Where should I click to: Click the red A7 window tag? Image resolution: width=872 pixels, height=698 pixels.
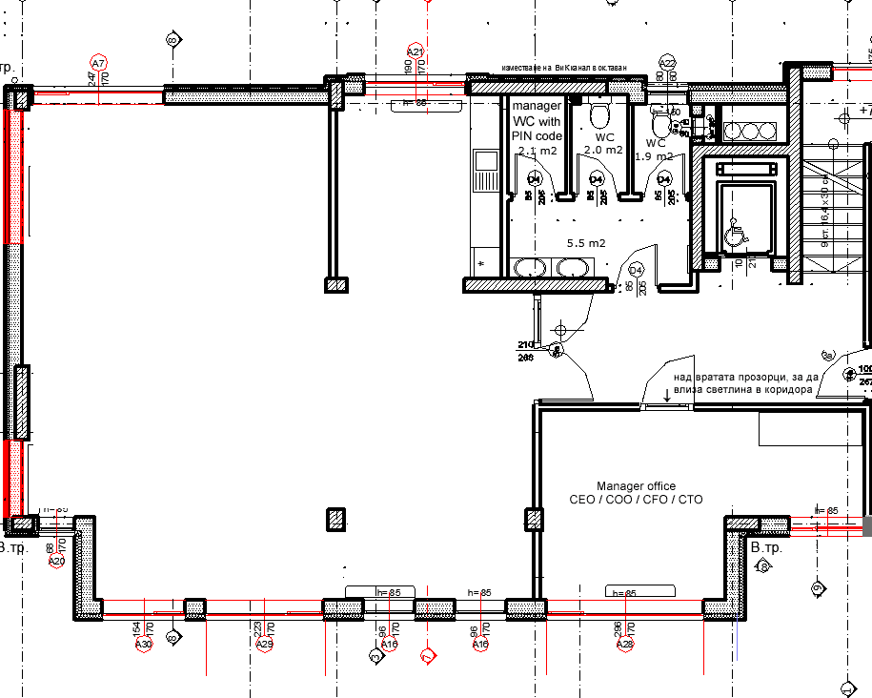[99, 63]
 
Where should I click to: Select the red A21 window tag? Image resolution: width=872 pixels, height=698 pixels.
[415, 51]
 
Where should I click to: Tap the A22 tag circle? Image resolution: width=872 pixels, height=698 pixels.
[667, 62]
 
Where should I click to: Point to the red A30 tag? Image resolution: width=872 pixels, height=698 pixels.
[144, 645]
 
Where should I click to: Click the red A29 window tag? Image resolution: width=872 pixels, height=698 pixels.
[265, 645]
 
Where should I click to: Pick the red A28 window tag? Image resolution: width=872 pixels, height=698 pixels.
[625, 645]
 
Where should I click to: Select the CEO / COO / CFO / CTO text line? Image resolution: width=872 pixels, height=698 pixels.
[636, 499]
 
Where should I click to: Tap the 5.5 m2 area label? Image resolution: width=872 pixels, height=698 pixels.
[586, 243]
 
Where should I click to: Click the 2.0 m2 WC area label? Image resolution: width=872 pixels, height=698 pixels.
[602, 150]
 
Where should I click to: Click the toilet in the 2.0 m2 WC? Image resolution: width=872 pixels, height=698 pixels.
[599, 116]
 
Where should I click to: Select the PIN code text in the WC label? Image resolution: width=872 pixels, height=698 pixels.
[537, 135]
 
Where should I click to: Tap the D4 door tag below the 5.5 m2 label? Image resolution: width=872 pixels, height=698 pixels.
[636, 270]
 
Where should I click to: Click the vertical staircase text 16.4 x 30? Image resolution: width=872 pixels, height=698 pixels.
[825, 206]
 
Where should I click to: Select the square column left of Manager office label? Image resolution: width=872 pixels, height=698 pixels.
[534, 520]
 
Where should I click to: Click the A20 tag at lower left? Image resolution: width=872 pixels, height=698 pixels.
[56, 562]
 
